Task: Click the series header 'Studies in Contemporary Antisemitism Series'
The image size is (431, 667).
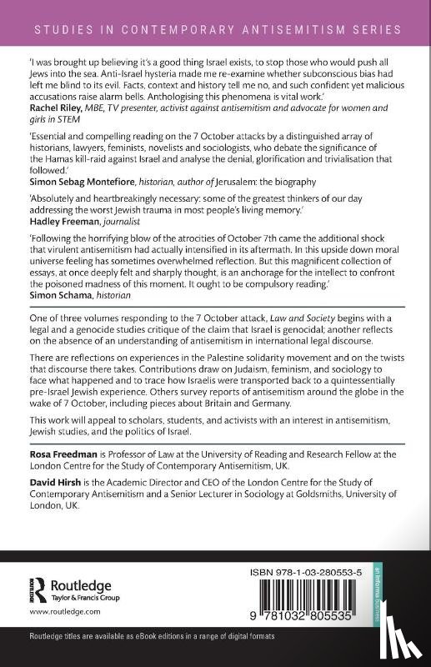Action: (x=215, y=29)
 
